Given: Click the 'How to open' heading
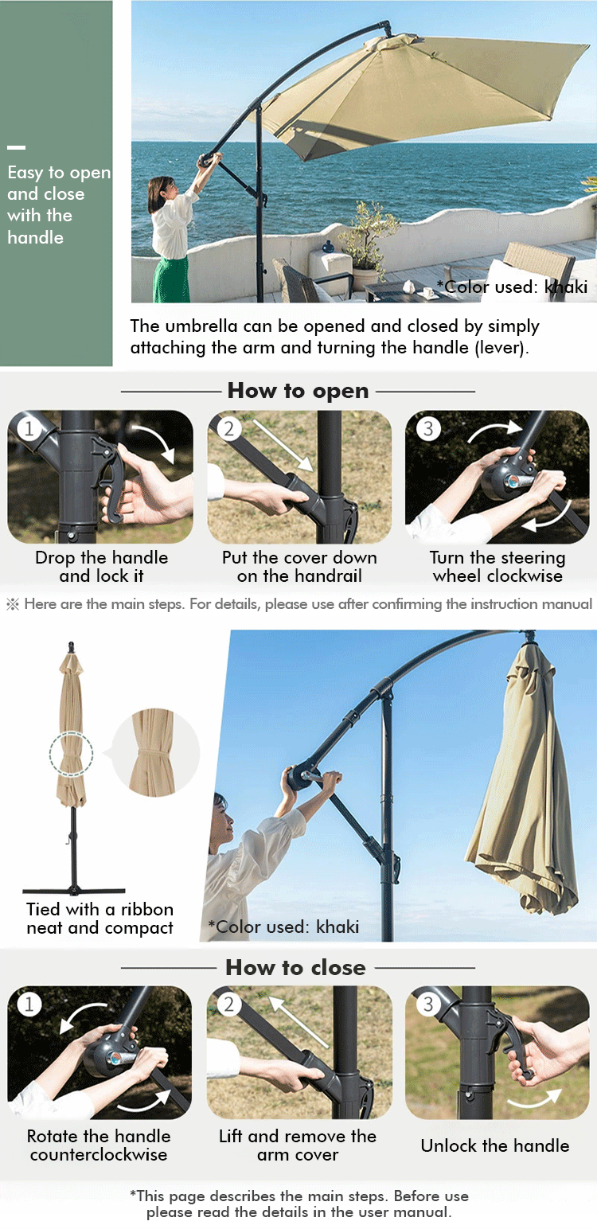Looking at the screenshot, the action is (298, 391).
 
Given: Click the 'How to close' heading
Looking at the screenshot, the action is (295, 967).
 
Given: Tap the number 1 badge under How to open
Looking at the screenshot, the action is (29, 428).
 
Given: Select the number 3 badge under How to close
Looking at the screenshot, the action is (428, 1004).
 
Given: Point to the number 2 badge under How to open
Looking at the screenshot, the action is (228, 428).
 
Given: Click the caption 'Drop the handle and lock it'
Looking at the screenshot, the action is (102, 567).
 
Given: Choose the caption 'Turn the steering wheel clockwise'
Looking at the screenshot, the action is (497, 567).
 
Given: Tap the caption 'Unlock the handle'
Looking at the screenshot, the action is (495, 1145).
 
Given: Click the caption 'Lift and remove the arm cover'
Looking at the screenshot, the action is (298, 1145).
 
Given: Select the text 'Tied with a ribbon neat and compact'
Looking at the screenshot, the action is (99, 919).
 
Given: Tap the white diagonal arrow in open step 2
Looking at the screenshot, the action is (283, 446).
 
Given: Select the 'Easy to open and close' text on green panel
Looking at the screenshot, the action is (59, 205).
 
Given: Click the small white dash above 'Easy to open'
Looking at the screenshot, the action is (17, 147).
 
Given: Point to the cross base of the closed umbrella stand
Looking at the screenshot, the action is (74, 891).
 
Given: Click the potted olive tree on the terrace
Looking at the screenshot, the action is (363, 241).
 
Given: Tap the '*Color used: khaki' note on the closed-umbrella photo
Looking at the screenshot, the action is (283, 927).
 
